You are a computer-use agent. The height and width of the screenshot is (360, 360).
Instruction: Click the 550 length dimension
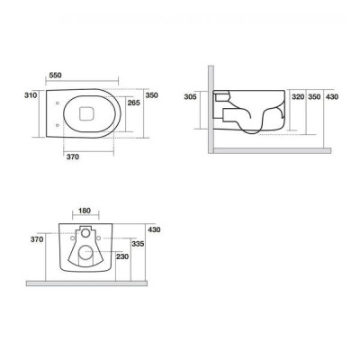coord(55,76)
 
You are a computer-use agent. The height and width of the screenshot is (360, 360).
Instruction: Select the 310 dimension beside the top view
coord(31,95)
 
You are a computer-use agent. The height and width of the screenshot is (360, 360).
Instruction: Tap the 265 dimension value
coord(134,103)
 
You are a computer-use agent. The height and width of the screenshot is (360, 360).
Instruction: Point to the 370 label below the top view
coord(73,157)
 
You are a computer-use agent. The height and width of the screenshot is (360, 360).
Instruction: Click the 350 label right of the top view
coord(151,95)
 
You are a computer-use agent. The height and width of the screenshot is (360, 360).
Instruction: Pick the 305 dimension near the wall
coord(190,96)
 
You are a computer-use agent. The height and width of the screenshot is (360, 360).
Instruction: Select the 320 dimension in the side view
coord(298,97)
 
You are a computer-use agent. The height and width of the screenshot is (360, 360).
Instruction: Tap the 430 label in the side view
coord(332,97)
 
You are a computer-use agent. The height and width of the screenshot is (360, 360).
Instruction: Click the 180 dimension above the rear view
coord(85,211)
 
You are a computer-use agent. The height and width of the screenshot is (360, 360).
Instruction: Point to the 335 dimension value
coord(138,244)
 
